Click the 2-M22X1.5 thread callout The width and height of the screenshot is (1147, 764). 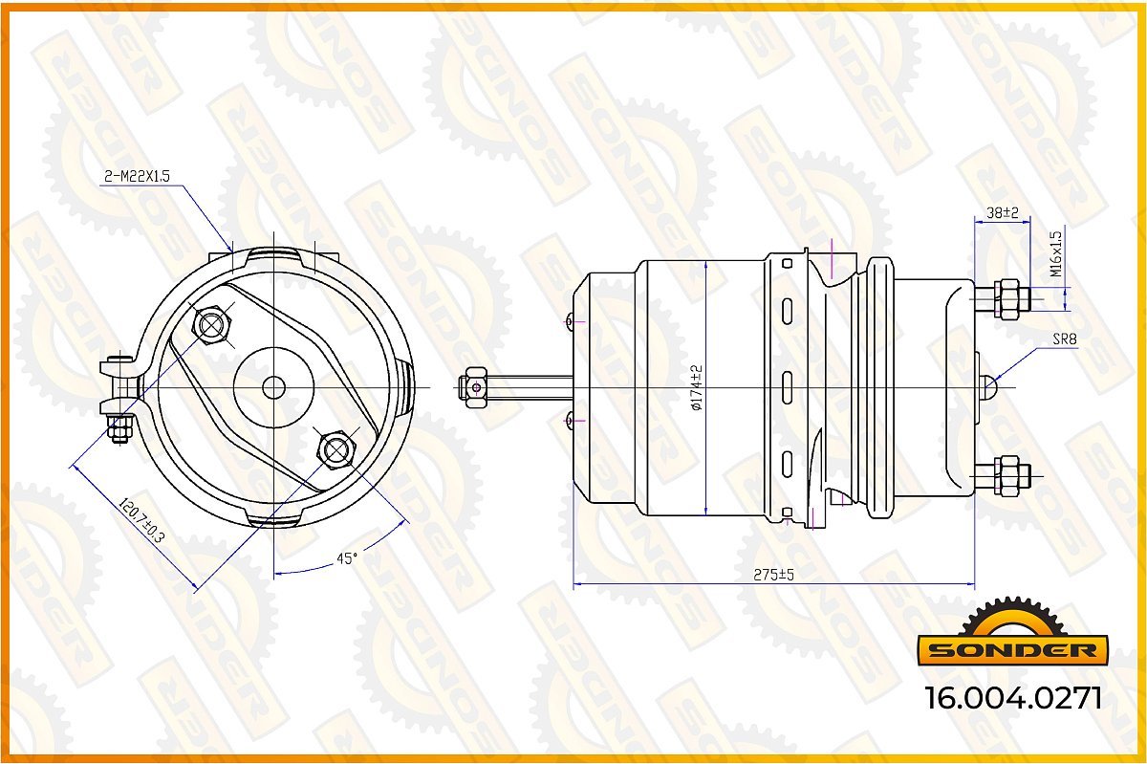coord(137,176)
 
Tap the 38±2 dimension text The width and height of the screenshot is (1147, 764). coord(1002,212)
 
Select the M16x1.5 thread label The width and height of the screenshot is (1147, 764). coord(1056,253)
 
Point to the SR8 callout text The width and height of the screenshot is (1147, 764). coord(1065,339)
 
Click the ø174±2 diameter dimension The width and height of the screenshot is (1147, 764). coord(698,387)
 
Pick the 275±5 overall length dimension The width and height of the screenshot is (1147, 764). coord(773,575)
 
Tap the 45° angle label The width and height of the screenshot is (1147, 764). coord(347,558)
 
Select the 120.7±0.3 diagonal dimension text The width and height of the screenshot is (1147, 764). coord(141,520)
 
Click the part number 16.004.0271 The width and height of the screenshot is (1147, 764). coord(1013,698)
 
